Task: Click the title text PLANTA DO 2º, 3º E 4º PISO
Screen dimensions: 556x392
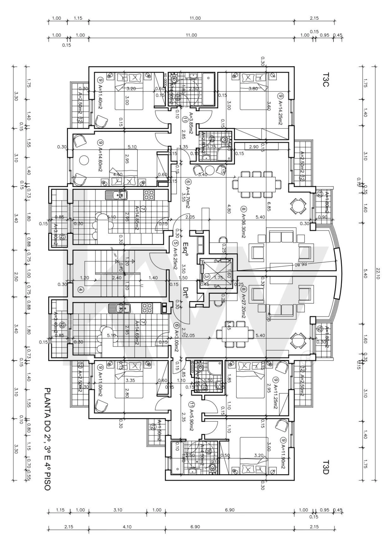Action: pos(48,439)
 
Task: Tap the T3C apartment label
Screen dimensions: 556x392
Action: pos(326,80)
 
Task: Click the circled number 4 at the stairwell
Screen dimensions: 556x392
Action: pos(81,289)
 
